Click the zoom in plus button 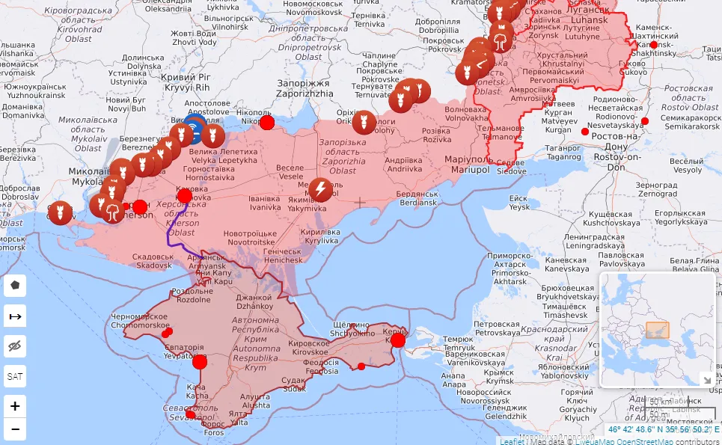tap(15, 406)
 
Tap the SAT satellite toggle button tap(15, 376)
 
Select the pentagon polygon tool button tap(15, 286)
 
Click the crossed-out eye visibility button tap(15, 346)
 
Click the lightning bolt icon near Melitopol tap(321, 190)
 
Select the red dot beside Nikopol tap(267, 122)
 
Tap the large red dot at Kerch tap(398, 340)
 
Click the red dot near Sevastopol tap(191, 414)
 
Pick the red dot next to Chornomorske tap(168, 332)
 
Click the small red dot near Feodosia tap(361, 366)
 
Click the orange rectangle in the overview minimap tap(657, 331)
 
